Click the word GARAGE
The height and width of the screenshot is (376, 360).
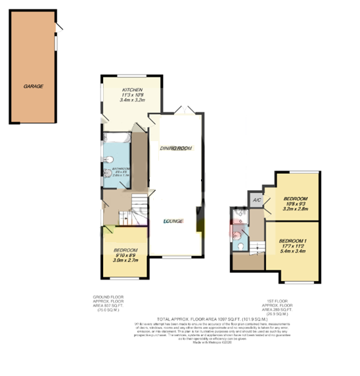pyautogui.click(x=34, y=86)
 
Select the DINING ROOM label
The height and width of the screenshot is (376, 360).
pyautogui.click(x=175, y=148)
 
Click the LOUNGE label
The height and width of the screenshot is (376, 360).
pyautogui.click(x=173, y=220)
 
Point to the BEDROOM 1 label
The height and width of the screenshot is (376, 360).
pyautogui.click(x=294, y=241)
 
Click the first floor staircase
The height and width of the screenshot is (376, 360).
pyautogui.click(x=256, y=247)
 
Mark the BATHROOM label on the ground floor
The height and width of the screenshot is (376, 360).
pyautogui.click(x=118, y=169)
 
